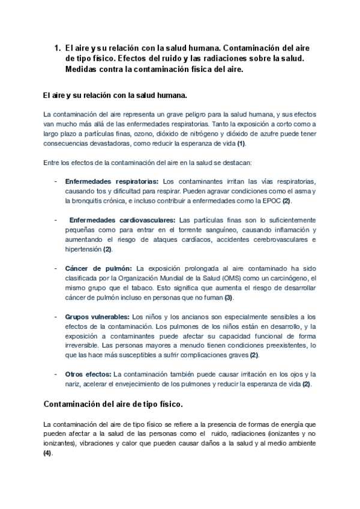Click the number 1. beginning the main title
tap(58, 47)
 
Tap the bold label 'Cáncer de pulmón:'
tap(99, 268)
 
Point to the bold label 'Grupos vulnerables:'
tap(97, 316)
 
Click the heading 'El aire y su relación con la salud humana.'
tap(115, 95)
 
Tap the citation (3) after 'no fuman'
tap(229, 297)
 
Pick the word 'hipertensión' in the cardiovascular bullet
tap(83, 249)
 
